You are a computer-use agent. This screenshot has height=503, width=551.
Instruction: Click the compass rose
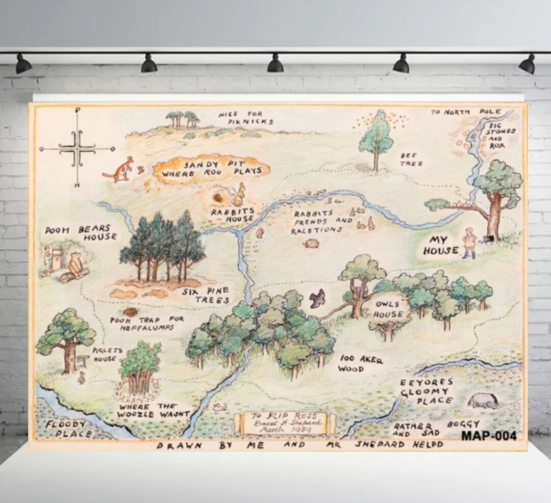pyautogui.click(x=78, y=148)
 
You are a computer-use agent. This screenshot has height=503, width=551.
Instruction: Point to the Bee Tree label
pyautogui.click(x=411, y=160)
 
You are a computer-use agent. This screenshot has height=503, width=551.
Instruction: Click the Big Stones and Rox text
pyautogui.click(x=502, y=135)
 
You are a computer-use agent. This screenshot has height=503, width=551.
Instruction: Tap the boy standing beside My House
pyautogui.click(x=469, y=243)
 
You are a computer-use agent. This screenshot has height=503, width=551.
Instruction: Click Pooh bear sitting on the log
pyautogui.click(x=76, y=266)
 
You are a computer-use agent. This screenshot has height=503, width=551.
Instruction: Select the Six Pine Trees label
pyautogui.click(x=207, y=295)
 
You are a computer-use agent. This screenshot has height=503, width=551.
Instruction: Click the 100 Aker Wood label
pyautogui.click(x=360, y=363)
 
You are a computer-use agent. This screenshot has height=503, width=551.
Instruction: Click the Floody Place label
pyautogui.click(x=67, y=429)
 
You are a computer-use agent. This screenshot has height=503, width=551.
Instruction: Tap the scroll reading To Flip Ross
pyautogui.click(x=285, y=423)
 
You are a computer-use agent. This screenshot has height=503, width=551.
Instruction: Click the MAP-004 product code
pyautogui.click(x=489, y=436)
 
